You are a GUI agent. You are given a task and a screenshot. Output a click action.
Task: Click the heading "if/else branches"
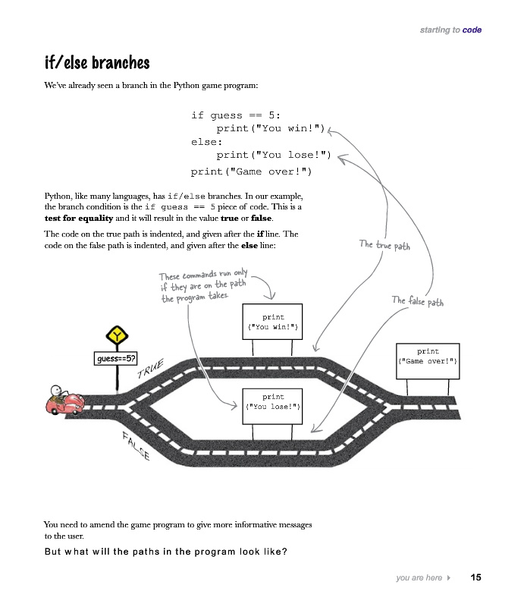[96, 63]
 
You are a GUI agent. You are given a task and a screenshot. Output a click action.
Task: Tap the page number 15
[475, 578]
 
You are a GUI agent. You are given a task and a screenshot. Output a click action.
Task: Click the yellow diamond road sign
[117, 335]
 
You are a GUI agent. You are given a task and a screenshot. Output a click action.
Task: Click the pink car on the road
[66, 402]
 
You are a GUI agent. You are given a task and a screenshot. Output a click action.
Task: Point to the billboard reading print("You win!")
[272, 322]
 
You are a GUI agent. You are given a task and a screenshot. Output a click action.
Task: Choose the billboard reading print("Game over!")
[428, 357]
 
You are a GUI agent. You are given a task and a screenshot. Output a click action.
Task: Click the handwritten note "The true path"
[384, 245]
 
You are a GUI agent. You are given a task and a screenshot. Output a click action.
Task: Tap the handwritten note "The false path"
[417, 301]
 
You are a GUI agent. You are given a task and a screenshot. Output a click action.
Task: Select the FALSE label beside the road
[136, 446]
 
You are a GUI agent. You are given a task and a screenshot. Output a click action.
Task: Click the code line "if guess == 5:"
[236, 115]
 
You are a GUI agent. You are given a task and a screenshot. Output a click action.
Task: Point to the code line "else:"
[206, 142]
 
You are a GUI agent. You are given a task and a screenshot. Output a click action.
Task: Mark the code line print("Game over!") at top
[251, 171]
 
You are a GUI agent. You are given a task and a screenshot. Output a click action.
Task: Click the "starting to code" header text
[450, 30]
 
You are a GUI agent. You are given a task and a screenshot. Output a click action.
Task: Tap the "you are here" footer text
[419, 578]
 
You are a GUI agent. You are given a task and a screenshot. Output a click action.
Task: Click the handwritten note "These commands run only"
[202, 275]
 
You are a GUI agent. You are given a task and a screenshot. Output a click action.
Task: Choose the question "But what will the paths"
[165, 551]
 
